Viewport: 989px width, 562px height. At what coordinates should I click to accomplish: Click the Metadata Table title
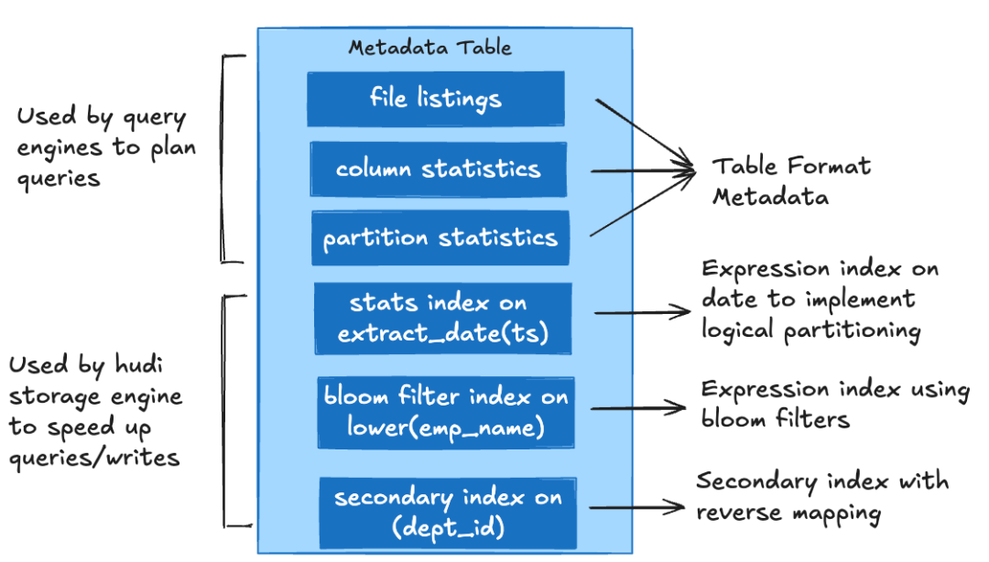430,48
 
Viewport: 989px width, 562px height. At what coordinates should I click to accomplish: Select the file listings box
436,99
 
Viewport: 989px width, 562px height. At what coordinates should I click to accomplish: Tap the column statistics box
439,169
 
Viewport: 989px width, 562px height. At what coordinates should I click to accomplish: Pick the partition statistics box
440,238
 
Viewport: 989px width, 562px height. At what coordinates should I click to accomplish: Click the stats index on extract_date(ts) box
443,318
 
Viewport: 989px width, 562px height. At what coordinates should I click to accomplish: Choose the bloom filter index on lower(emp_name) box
446,413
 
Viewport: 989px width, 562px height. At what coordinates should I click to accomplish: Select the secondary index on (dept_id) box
448,513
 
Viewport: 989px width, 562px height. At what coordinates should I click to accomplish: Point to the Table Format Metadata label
791,181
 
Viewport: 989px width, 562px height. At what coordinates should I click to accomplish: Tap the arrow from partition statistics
642,204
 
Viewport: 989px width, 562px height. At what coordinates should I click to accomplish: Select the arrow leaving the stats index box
642,312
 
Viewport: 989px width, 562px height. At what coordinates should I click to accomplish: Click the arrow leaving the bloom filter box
638,408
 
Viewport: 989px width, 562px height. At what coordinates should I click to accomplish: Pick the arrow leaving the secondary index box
636,507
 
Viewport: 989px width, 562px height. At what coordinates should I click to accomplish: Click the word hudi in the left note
139,364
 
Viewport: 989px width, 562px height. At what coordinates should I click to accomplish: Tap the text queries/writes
94,458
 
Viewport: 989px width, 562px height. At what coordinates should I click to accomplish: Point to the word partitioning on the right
853,331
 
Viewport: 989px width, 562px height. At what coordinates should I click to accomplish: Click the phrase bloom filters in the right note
776,418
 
